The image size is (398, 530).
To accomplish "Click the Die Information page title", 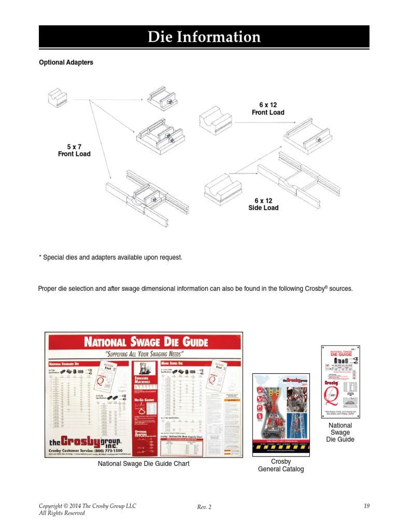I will point(204,37).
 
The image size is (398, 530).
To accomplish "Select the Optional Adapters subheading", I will point(66,63).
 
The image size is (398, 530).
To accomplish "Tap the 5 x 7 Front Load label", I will point(74,150).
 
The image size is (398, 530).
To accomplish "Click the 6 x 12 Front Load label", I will point(268,109).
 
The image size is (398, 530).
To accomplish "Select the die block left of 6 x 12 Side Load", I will point(224,188).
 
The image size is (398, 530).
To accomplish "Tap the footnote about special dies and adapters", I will point(110,257).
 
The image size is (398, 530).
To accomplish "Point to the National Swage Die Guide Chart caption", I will point(144,464).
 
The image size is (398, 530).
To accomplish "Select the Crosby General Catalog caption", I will point(281,465).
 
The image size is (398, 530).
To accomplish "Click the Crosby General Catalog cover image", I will point(281,414).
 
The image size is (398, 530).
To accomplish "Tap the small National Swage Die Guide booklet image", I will point(340,381).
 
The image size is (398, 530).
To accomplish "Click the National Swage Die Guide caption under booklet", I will point(340,432).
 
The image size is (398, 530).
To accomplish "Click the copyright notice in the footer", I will point(87,509).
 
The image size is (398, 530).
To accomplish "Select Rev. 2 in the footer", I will point(204,507).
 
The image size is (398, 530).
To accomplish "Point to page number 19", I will point(366,506).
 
